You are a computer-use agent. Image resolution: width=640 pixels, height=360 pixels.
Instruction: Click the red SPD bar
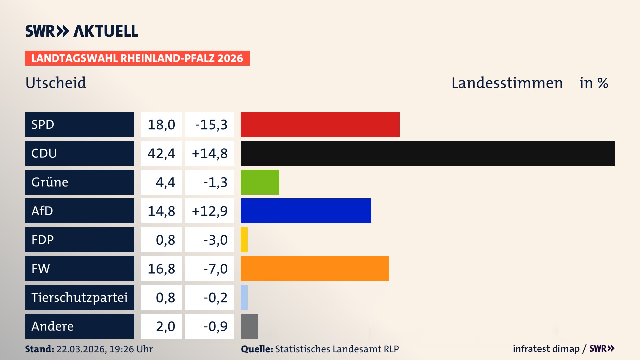pos(320,124)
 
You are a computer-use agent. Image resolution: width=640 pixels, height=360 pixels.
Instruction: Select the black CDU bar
pos(428,153)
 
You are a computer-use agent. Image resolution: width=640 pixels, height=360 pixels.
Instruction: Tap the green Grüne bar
pos(260,182)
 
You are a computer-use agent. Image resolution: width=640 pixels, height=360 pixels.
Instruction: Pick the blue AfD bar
pos(306,211)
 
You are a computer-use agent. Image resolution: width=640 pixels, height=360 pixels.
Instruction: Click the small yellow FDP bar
pos(244,240)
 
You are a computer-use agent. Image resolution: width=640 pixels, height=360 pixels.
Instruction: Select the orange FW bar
pos(315,268)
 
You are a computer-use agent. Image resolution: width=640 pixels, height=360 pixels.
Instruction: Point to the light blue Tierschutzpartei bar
pos(244,297)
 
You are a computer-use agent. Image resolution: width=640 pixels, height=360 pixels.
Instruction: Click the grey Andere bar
pos(249,326)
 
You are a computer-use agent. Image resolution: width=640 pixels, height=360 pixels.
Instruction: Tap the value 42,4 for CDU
pos(161,153)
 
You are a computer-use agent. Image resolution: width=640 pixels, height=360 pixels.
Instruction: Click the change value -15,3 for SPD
pos(211,125)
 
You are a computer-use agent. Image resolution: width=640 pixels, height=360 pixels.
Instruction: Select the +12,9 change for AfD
pos(210,211)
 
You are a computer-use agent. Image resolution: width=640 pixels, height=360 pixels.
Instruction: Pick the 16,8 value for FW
pos(161,269)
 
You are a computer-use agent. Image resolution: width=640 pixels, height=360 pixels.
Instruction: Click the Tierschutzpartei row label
pos(79,297)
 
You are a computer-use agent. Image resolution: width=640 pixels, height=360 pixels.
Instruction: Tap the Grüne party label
pos(50,182)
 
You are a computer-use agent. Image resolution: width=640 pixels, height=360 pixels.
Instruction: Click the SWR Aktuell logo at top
pos(82,31)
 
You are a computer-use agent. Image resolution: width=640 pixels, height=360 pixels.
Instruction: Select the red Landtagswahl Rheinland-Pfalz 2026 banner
pos(137,58)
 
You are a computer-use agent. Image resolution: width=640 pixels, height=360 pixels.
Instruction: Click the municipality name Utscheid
pos(56,83)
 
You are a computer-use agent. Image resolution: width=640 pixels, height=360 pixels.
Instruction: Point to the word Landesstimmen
pos(507,83)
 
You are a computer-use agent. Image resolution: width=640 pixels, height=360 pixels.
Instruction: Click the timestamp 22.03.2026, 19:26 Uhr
pos(104,349)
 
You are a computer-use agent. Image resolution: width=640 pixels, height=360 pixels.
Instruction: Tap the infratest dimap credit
pos(546,349)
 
